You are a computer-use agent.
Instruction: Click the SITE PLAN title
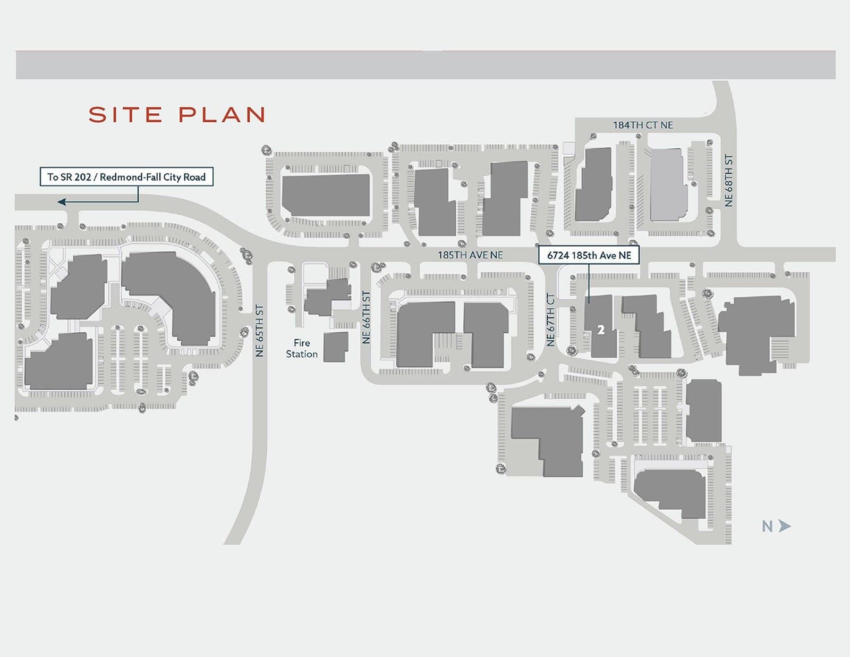pos(176,115)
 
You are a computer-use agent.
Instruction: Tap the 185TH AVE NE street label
pos(470,255)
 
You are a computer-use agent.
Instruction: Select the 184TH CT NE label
pos(643,125)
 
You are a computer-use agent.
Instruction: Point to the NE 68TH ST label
pos(729,181)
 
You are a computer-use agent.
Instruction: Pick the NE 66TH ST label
pos(366,317)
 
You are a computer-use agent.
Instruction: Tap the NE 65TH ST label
pos(260,330)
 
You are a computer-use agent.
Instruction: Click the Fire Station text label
pos(302,349)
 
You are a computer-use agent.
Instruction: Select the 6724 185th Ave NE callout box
pos(589,255)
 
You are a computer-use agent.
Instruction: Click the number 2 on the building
pos(601,330)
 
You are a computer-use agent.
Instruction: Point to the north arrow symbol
pos(785,526)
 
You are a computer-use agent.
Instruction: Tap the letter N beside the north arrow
pos(767,526)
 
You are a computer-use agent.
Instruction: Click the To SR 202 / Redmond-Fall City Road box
pos(126,177)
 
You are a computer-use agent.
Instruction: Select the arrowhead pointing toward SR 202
pos(62,202)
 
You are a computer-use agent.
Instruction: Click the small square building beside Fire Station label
pos(336,347)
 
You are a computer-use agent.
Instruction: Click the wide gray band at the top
pos(425,65)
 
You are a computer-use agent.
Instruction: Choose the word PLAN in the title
pos(222,115)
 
